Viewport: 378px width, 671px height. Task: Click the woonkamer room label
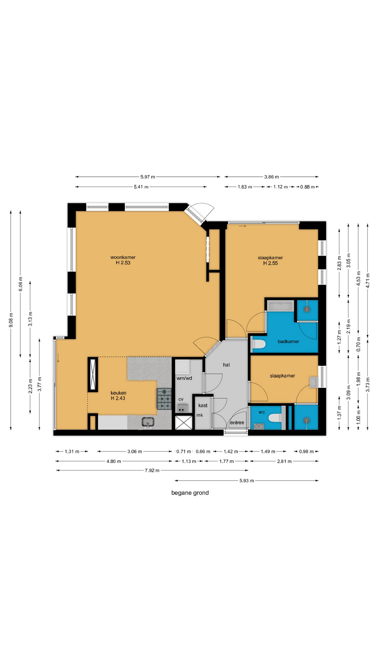pyautogui.click(x=123, y=258)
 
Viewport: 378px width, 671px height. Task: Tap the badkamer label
pyautogui.click(x=288, y=341)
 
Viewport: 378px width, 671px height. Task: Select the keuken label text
pyautogui.click(x=118, y=393)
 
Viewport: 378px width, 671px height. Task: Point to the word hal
pyautogui.click(x=226, y=365)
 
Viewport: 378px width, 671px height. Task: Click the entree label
pyautogui.click(x=237, y=423)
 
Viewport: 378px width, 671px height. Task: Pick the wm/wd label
pyautogui.click(x=184, y=378)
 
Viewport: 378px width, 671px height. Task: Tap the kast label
pyautogui.click(x=203, y=405)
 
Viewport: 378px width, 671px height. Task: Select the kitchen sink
pyautogui.click(x=148, y=423)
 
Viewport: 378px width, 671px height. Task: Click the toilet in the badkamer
pyautogui.click(x=259, y=345)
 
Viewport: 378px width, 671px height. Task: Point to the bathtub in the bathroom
pyautogui.click(x=280, y=306)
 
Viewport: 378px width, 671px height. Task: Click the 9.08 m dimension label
pyautogui.click(x=11, y=320)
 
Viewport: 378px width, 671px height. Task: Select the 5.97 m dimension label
pyautogui.click(x=148, y=177)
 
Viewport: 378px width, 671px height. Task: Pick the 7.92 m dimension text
pyautogui.click(x=152, y=470)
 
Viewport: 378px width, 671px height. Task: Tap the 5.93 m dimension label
pyautogui.click(x=247, y=481)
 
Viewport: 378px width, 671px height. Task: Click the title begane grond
pyautogui.click(x=190, y=493)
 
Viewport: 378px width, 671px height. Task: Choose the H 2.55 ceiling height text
pyautogui.click(x=271, y=263)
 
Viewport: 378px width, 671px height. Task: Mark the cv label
pyautogui.click(x=181, y=399)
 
